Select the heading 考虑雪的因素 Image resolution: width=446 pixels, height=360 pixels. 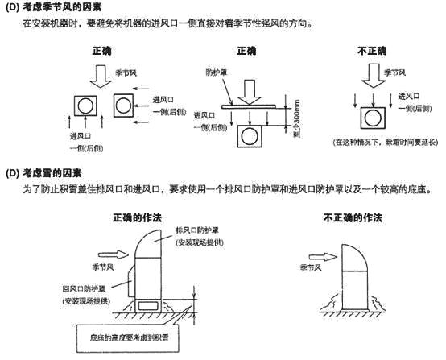(53, 174)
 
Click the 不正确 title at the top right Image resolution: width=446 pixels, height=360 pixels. (371, 51)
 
